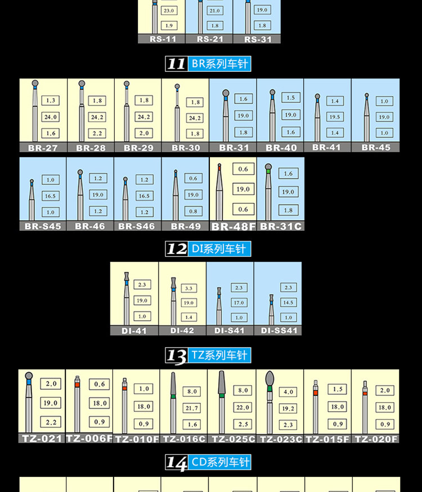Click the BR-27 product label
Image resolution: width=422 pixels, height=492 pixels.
pos(43,148)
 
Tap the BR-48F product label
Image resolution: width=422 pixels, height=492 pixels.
pos(234,226)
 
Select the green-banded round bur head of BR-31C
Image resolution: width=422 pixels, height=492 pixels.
pos(268,167)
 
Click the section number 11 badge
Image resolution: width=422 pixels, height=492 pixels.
pos(176,64)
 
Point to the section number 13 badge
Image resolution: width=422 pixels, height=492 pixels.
pos(176,356)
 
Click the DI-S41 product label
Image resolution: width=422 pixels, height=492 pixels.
pos(230,330)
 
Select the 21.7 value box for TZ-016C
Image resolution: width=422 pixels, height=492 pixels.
pos(192,408)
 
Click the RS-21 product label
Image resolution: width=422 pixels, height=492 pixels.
pos(209,39)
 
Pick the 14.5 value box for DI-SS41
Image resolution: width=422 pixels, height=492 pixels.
pos(289,302)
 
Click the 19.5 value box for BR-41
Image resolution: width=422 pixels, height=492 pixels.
pos(335,117)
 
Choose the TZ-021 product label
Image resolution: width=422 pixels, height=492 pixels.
pos(42,438)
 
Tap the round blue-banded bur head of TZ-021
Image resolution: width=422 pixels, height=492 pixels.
pos(29,376)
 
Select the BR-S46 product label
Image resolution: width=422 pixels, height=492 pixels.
pos(137,226)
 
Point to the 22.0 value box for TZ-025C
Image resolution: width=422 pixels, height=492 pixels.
pos(243,407)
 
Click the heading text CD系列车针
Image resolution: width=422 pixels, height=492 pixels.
pos(220,463)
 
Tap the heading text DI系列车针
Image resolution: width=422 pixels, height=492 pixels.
pos(220,249)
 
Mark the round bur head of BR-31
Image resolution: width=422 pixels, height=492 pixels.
pos(226,93)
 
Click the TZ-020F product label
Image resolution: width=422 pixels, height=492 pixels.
pos(376,439)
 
